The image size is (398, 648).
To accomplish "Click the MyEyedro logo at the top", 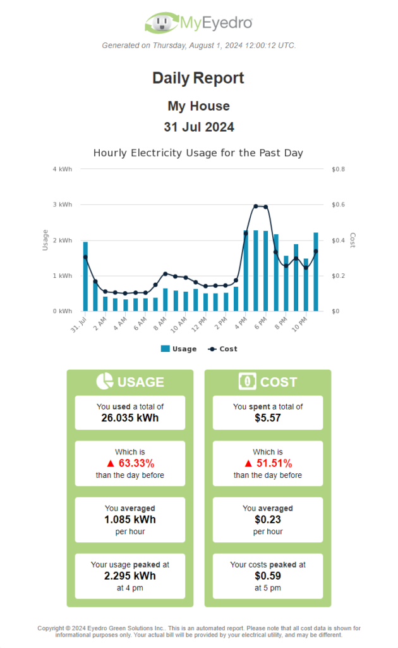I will click(198, 23).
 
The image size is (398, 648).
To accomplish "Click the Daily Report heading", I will click(198, 78).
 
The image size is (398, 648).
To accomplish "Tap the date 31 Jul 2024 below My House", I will click(198, 127).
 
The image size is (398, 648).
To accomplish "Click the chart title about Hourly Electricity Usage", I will click(198, 153).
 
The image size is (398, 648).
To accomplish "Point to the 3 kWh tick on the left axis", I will click(63, 205).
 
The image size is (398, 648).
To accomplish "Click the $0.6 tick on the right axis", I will click(339, 205).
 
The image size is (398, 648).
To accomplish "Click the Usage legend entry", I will click(179, 349).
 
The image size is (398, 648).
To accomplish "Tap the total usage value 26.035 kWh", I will click(130, 418).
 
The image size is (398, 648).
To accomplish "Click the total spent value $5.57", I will click(268, 418).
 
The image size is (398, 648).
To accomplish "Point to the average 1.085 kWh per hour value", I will click(130, 520).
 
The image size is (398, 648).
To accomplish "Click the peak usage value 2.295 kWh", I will click(130, 576).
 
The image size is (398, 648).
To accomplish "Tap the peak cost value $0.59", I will click(268, 576).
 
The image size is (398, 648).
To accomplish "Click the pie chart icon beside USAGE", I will click(104, 381).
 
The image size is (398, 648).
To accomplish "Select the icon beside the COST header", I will click(247, 381).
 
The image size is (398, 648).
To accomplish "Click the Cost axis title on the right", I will click(353, 240).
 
